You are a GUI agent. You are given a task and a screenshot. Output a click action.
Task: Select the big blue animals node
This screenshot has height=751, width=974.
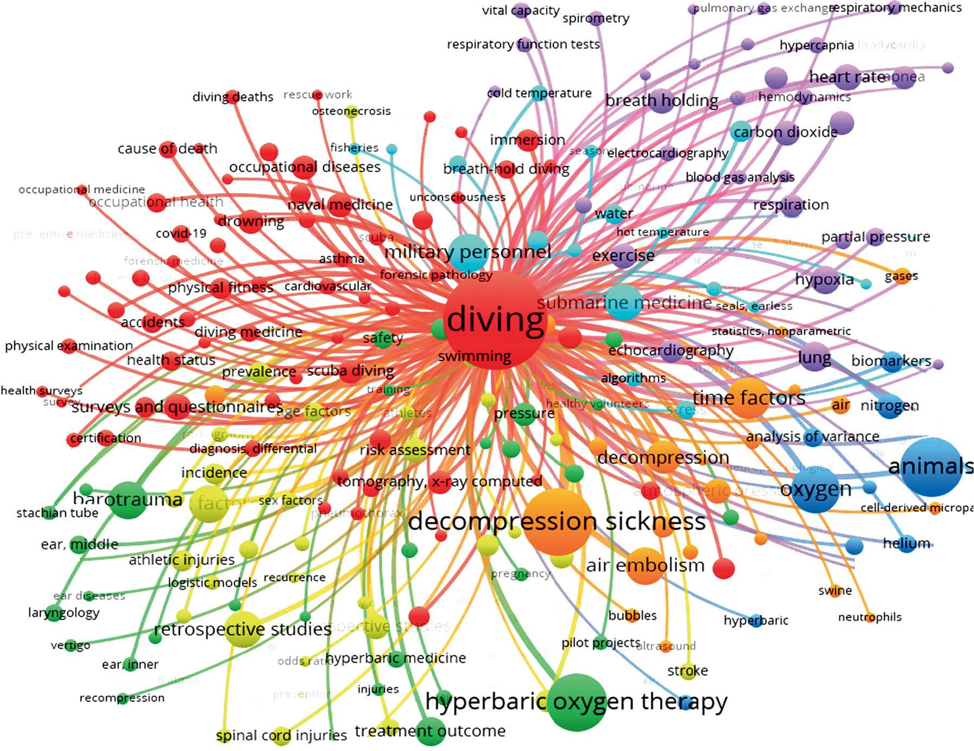tap(932, 467)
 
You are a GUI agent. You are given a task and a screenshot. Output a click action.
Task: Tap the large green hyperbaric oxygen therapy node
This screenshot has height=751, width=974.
tap(577, 703)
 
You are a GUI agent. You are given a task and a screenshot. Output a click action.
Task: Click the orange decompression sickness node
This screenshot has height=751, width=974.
tap(558, 521)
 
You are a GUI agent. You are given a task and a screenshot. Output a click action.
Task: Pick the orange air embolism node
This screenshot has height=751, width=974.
tap(645, 566)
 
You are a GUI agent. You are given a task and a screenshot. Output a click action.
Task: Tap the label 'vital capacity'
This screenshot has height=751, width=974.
tap(520, 10)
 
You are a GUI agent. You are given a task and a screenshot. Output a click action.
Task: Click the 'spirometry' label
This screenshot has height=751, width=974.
tap(596, 18)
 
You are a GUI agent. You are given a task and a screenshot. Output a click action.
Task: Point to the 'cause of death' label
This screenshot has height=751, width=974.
tap(167, 149)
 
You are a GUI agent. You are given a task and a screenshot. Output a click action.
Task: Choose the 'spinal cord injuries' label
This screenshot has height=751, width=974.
tap(281, 736)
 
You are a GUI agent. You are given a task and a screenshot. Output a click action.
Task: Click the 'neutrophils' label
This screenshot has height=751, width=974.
tap(869, 617)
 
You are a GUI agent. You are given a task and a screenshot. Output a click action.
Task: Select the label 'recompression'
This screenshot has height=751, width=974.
tap(122, 698)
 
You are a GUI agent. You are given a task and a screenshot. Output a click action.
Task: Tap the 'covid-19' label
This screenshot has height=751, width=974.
tap(181, 234)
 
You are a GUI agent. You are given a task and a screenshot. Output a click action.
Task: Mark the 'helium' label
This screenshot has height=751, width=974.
tap(906, 543)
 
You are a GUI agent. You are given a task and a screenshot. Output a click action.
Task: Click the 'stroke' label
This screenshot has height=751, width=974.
tap(687, 671)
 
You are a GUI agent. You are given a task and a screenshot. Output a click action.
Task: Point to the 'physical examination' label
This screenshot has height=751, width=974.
tap(69, 346)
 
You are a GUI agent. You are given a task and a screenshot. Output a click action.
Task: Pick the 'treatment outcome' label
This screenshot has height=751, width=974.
tap(430, 731)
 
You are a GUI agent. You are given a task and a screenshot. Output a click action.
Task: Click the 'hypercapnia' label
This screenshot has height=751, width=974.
tap(817, 45)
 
